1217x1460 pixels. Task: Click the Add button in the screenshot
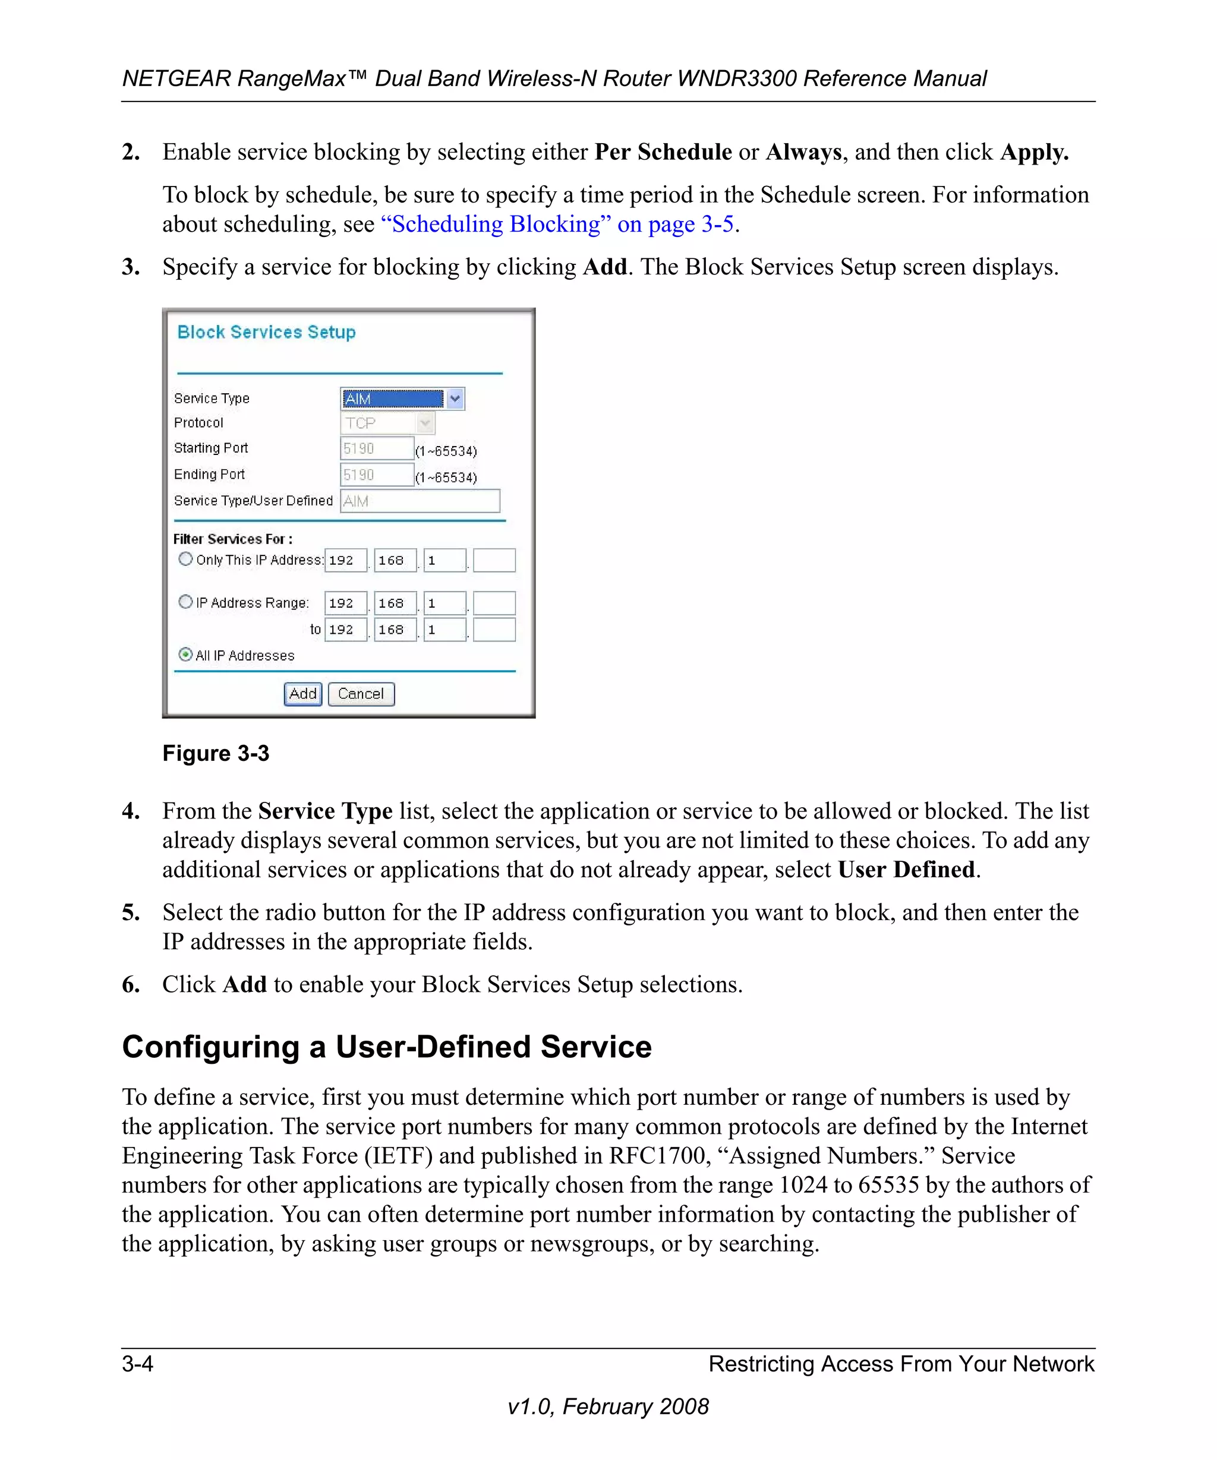click(x=302, y=694)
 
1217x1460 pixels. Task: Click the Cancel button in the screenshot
click(x=361, y=694)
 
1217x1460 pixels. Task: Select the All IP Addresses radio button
click(x=185, y=654)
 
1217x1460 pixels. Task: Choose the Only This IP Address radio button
click(x=185, y=559)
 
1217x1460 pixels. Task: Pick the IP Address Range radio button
click(x=185, y=602)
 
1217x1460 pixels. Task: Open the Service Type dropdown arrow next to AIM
click(x=455, y=399)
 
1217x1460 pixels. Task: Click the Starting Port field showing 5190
click(x=376, y=448)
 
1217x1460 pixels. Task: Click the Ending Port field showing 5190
click(x=376, y=475)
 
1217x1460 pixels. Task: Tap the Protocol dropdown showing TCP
click(x=387, y=423)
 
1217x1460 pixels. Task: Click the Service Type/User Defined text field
click(x=420, y=501)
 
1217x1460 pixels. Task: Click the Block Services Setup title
click(x=266, y=332)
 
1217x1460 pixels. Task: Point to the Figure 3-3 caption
click(x=216, y=754)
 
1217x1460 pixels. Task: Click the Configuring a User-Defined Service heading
click(x=387, y=1047)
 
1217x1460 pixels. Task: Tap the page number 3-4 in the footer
click(x=138, y=1364)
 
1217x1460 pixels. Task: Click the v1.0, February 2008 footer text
click(x=608, y=1407)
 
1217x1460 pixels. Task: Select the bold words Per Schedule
click(x=663, y=152)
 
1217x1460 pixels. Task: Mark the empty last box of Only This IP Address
click(x=494, y=560)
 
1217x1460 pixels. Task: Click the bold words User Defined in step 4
click(x=906, y=870)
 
